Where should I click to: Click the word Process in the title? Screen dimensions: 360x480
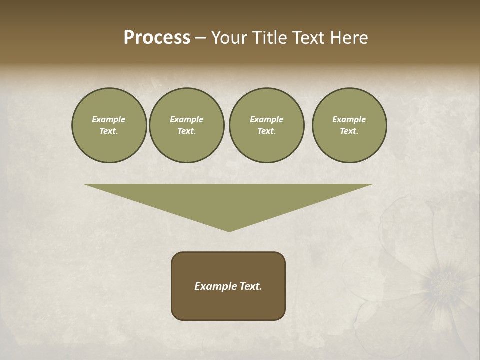157,38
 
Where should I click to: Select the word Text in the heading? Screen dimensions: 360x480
309,38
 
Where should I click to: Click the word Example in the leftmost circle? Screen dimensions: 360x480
109,119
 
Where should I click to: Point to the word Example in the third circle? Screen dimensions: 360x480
266,119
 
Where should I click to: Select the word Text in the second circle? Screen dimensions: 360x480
186,131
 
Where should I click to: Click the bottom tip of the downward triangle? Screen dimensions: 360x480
229,230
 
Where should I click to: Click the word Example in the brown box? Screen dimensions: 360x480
213,286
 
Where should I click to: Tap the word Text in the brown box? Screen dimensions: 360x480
250,286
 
